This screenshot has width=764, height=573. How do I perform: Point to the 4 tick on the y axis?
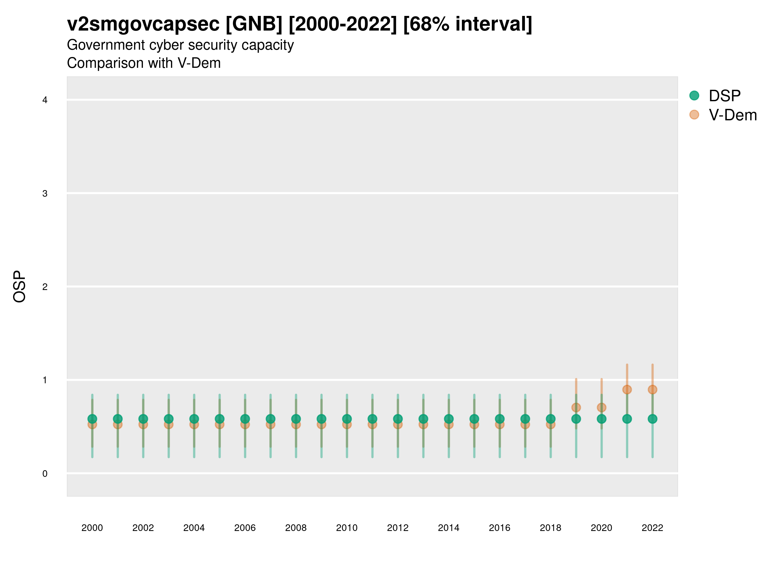(x=45, y=100)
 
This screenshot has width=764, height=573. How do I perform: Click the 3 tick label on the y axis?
(x=45, y=194)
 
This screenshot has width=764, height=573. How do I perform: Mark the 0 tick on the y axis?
(x=45, y=474)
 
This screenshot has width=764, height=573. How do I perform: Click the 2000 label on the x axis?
(x=92, y=528)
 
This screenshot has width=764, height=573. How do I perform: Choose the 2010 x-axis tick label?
(x=347, y=528)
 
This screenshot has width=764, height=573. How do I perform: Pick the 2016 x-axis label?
(x=499, y=528)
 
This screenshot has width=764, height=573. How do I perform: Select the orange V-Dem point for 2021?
(x=627, y=390)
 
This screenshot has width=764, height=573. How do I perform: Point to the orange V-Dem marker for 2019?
(x=576, y=407)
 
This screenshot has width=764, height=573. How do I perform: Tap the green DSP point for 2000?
(x=92, y=419)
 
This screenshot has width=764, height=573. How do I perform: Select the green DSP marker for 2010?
(x=347, y=419)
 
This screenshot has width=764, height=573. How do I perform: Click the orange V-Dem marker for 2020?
(x=601, y=407)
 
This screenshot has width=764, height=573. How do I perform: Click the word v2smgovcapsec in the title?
(x=143, y=24)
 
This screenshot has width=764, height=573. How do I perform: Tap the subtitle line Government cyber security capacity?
(x=180, y=45)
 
